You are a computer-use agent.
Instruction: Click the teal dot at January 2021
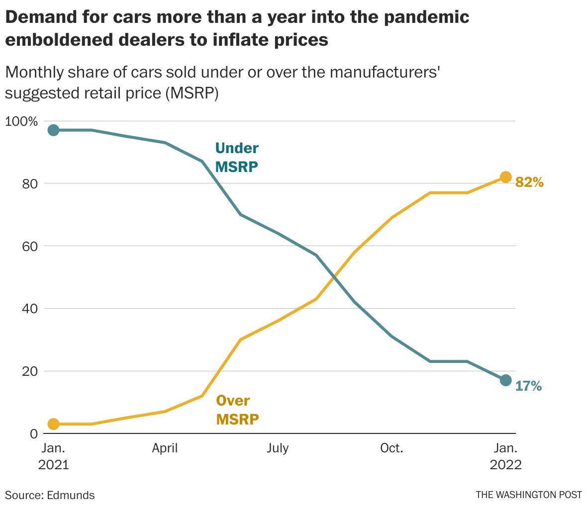point(53,130)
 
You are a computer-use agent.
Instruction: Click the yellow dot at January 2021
point(53,424)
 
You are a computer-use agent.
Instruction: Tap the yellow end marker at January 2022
point(505,177)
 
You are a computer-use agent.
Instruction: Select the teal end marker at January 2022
point(505,380)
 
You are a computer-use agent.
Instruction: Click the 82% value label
point(529,182)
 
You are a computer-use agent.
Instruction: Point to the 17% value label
point(528,386)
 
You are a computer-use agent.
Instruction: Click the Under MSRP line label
point(237,157)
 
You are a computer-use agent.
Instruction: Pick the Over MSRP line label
point(237,410)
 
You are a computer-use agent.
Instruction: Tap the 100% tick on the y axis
point(21,121)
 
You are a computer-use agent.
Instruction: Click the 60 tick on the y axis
point(30,246)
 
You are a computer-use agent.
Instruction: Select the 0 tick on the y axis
point(33,434)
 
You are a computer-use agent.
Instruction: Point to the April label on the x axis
point(165,448)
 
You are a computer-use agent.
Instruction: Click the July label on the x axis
point(277,448)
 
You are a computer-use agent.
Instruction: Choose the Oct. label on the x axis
point(391,448)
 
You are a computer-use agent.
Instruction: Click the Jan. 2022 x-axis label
point(505,456)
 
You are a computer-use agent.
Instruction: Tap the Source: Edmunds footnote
point(50,495)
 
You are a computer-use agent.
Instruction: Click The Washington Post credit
point(528,495)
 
